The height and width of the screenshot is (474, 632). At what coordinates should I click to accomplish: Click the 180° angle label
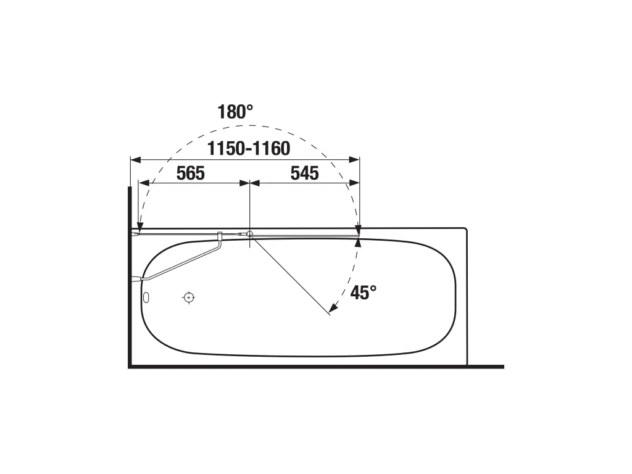click(235, 112)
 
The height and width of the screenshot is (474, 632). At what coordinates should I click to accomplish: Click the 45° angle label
click(363, 292)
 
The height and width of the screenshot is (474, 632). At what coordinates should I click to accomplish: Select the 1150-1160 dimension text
click(249, 148)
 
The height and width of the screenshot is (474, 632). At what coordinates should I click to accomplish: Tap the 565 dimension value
click(191, 173)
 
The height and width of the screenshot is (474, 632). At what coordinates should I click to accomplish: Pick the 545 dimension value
click(305, 173)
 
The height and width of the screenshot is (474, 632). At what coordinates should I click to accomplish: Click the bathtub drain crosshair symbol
click(189, 298)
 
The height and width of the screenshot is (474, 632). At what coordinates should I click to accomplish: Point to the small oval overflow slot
click(146, 298)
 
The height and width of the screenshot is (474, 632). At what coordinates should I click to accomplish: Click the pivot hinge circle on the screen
click(250, 233)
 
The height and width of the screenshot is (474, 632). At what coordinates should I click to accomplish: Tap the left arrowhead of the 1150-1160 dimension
click(135, 160)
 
